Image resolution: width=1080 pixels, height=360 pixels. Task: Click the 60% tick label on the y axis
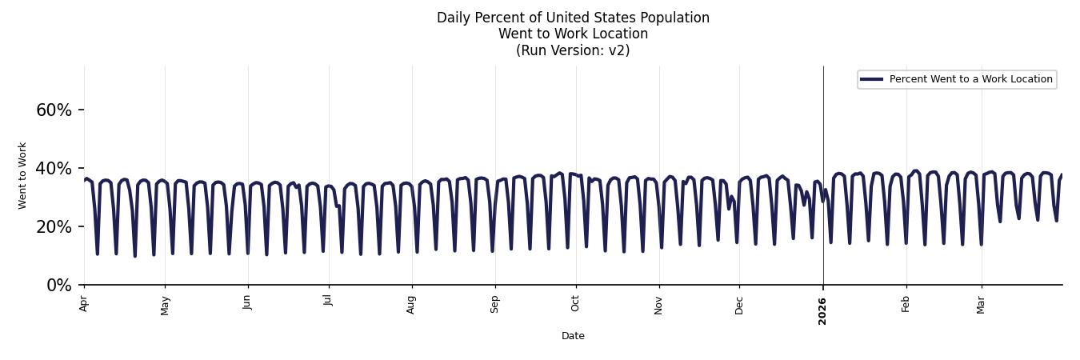pyautogui.click(x=54, y=110)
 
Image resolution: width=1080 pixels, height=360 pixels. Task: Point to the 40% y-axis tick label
pyautogui.click(x=54, y=169)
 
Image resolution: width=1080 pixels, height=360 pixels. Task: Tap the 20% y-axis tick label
pyautogui.click(x=54, y=227)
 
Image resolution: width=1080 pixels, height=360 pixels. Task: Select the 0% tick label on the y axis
pyautogui.click(x=59, y=286)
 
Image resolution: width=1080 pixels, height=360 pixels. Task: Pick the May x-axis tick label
pyautogui.click(x=165, y=305)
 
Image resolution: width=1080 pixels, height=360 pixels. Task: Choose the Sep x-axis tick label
pyautogui.click(x=495, y=304)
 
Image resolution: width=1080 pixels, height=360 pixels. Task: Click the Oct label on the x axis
pyautogui.click(x=575, y=303)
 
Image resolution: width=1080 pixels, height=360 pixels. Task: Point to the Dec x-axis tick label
pyautogui.click(x=739, y=304)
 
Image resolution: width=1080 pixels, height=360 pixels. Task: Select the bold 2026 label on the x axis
pyautogui.click(x=822, y=310)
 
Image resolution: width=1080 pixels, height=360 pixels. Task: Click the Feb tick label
pyautogui.click(x=906, y=303)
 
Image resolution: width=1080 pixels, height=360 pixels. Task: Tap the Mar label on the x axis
pyautogui.click(x=981, y=304)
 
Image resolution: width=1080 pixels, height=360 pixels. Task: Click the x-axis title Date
pyautogui.click(x=573, y=336)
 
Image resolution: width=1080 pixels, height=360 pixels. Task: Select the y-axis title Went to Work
pyautogui.click(x=22, y=175)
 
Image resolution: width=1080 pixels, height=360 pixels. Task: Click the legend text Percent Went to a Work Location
pyautogui.click(x=970, y=79)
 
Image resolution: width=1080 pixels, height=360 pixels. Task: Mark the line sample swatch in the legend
pyautogui.click(x=871, y=79)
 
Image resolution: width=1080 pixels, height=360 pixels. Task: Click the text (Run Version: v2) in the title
pyautogui.click(x=573, y=50)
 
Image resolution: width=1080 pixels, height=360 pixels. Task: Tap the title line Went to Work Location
pyautogui.click(x=573, y=34)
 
